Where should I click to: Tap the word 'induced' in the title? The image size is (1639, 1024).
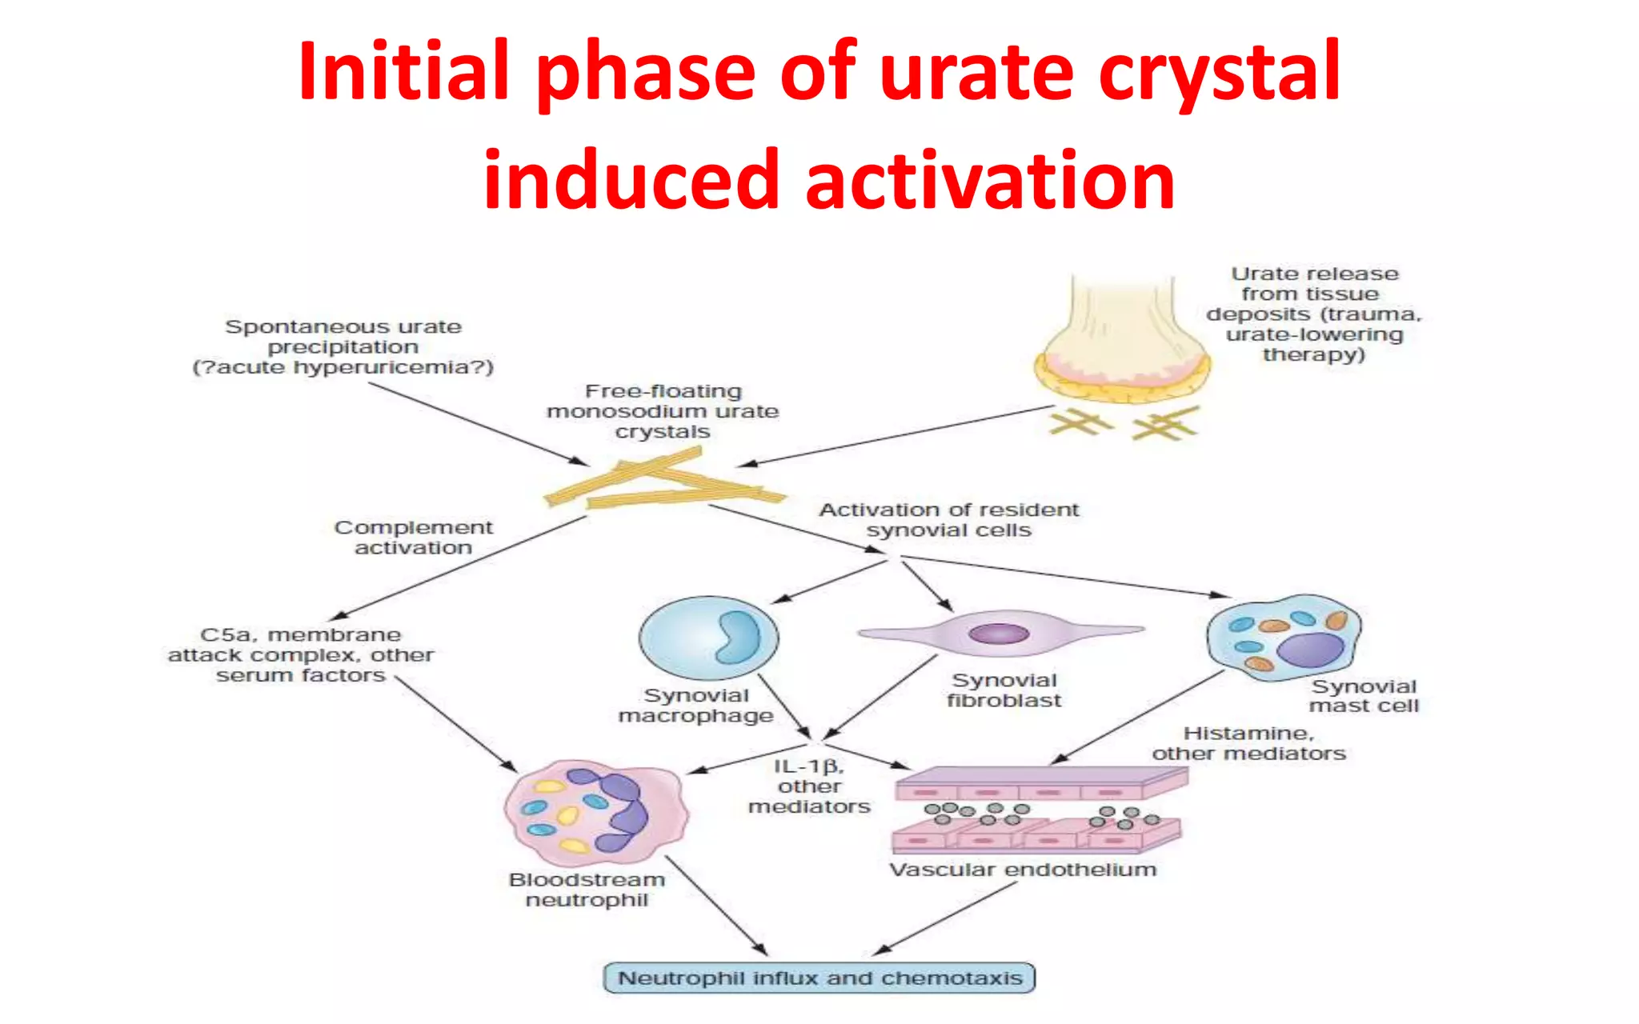pos(631,181)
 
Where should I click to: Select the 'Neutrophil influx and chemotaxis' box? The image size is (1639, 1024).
pos(819,978)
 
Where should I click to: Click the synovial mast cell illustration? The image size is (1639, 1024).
pos(1283,638)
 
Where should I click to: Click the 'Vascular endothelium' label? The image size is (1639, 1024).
pos(1023,870)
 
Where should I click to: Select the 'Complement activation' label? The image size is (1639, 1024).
pos(413,538)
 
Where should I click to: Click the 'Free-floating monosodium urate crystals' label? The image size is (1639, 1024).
pos(663,411)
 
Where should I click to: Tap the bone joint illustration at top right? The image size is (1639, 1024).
pos(1121,344)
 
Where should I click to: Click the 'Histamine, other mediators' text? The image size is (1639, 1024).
pos(1248,743)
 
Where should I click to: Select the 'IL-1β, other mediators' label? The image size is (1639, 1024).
pos(809,786)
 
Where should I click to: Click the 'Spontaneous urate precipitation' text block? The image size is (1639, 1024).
pos(343,347)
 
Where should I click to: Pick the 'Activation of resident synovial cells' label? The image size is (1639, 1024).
pos(948,520)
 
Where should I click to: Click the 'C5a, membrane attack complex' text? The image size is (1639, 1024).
pos(301,654)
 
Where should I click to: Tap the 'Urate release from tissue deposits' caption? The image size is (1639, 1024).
pos(1314,314)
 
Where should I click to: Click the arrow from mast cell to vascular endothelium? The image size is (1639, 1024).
pos(1136,717)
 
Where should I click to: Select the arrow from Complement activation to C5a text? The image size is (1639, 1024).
pos(460,567)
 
